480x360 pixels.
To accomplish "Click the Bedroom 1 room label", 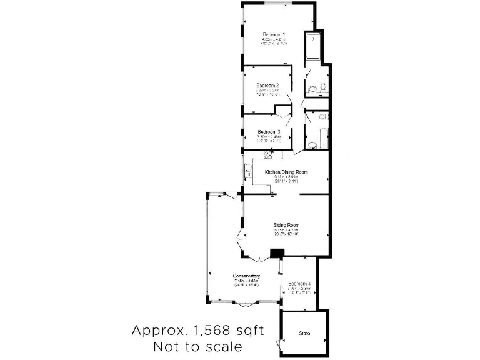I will (x=274, y=34).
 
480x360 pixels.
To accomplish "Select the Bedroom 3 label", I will (x=269, y=132).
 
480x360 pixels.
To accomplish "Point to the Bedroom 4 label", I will (x=299, y=284).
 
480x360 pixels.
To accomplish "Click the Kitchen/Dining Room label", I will (x=287, y=171).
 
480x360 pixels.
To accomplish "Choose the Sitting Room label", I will (x=287, y=225).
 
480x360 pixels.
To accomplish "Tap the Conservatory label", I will (x=246, y=276).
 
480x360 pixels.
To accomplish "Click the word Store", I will (x=304, y=334).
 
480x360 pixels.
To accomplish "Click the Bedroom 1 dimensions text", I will (x=274, y=42).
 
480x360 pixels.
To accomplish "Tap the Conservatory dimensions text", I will (x=246, y=283).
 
